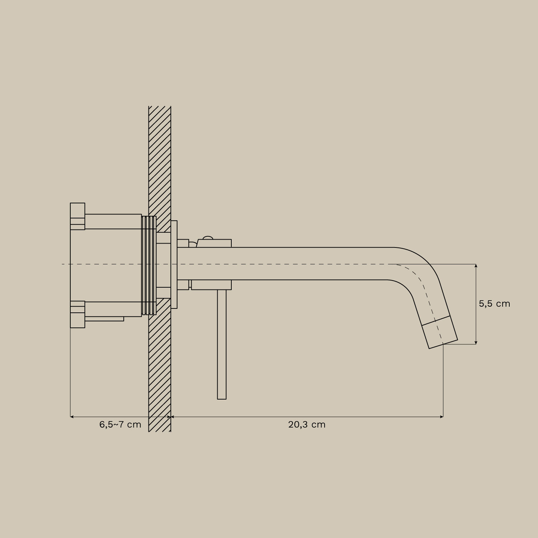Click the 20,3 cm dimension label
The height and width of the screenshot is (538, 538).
click(307, 425)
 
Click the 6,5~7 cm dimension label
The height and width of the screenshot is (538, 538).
click(120, 425)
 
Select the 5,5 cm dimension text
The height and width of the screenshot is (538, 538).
click(494, 304)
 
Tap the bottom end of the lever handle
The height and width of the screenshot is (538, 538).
click(222, 397)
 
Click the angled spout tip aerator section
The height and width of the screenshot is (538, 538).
click(440, 332)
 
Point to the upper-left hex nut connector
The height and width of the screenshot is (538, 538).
click(77, 216)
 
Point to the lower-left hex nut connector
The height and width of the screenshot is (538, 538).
click(77, 314)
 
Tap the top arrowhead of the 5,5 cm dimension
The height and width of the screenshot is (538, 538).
click(476, 266)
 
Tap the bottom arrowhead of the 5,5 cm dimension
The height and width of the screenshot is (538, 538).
click(476, 343)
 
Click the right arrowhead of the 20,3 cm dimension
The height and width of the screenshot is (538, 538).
click(442, 417)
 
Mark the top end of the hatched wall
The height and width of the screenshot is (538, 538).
click(160, 107)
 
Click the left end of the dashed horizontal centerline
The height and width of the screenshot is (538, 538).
click(63, 264)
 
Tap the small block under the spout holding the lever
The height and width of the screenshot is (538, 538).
click(211, 285)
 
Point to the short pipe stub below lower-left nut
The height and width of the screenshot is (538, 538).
click(104, 319)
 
